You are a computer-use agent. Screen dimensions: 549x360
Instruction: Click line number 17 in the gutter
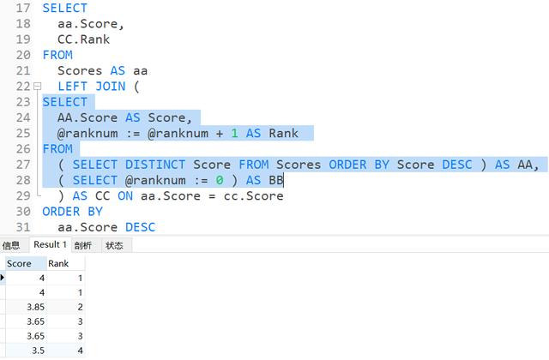[x=23, y=8]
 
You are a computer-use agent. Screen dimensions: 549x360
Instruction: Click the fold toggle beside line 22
[x=38, y=87]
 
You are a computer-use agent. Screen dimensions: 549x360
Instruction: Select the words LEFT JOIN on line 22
[x=90, y=87]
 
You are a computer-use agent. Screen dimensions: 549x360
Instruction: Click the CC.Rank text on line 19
[x=84, y=39]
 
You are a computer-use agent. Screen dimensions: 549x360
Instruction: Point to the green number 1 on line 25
[x=233, y=133]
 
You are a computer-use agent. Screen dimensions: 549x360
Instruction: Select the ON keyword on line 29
[x=126, y=195]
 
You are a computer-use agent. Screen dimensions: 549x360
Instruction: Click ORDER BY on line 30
[x=72, y=211]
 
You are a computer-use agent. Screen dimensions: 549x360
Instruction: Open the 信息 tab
[x=11, y=245]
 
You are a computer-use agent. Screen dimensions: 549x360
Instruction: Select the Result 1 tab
[x=50, y=245]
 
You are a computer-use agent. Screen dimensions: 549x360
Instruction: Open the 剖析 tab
[x=83, y=245]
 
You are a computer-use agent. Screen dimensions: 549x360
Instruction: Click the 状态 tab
[x=113, y=245]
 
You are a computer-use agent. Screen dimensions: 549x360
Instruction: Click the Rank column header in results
[x=58, y=263]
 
